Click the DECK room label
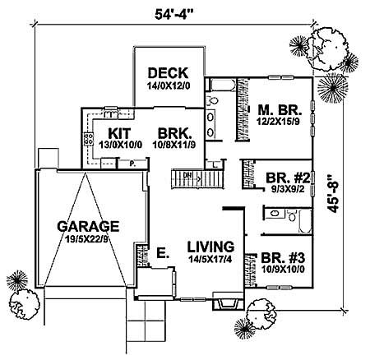169,72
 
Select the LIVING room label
209,246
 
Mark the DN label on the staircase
186,175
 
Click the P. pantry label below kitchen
132,164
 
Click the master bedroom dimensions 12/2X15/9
277,121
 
